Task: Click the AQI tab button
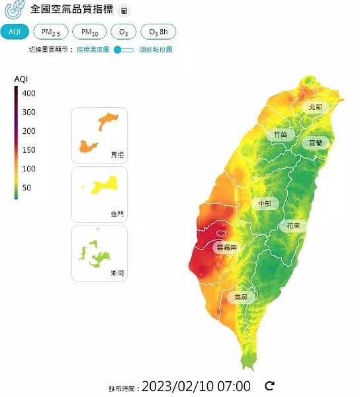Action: [15, 32]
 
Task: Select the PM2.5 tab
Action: [50, 32]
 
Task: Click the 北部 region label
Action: [315, 107]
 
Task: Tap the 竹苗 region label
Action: [281, 134]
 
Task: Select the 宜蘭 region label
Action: [314, 142]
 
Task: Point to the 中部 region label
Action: [264, 204]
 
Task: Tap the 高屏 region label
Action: [241, 298]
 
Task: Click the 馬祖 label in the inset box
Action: [117, 155]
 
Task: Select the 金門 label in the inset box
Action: [117, 214]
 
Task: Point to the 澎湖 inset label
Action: [117, 272]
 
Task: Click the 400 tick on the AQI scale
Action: [28, 93]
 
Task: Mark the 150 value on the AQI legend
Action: [28, 150]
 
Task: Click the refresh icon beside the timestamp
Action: [269, 386]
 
